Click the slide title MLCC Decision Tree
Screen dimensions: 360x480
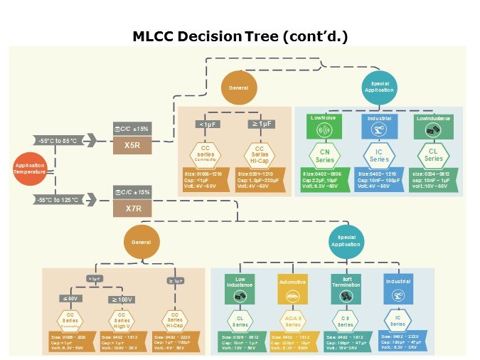pos(240,36)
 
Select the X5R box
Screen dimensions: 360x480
pos(132,145)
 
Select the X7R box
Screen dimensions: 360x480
pos(132,208)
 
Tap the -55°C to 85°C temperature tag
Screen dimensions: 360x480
pos(62,140)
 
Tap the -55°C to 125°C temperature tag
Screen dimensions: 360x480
pos(62,200)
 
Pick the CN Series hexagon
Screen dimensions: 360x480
pos(324,155)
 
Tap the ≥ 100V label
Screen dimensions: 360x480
pos(122,299)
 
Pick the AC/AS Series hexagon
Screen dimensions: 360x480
pos(292,319)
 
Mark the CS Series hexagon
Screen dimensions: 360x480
pos(346,319)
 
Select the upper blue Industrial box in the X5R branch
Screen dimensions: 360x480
pos(379,128)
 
